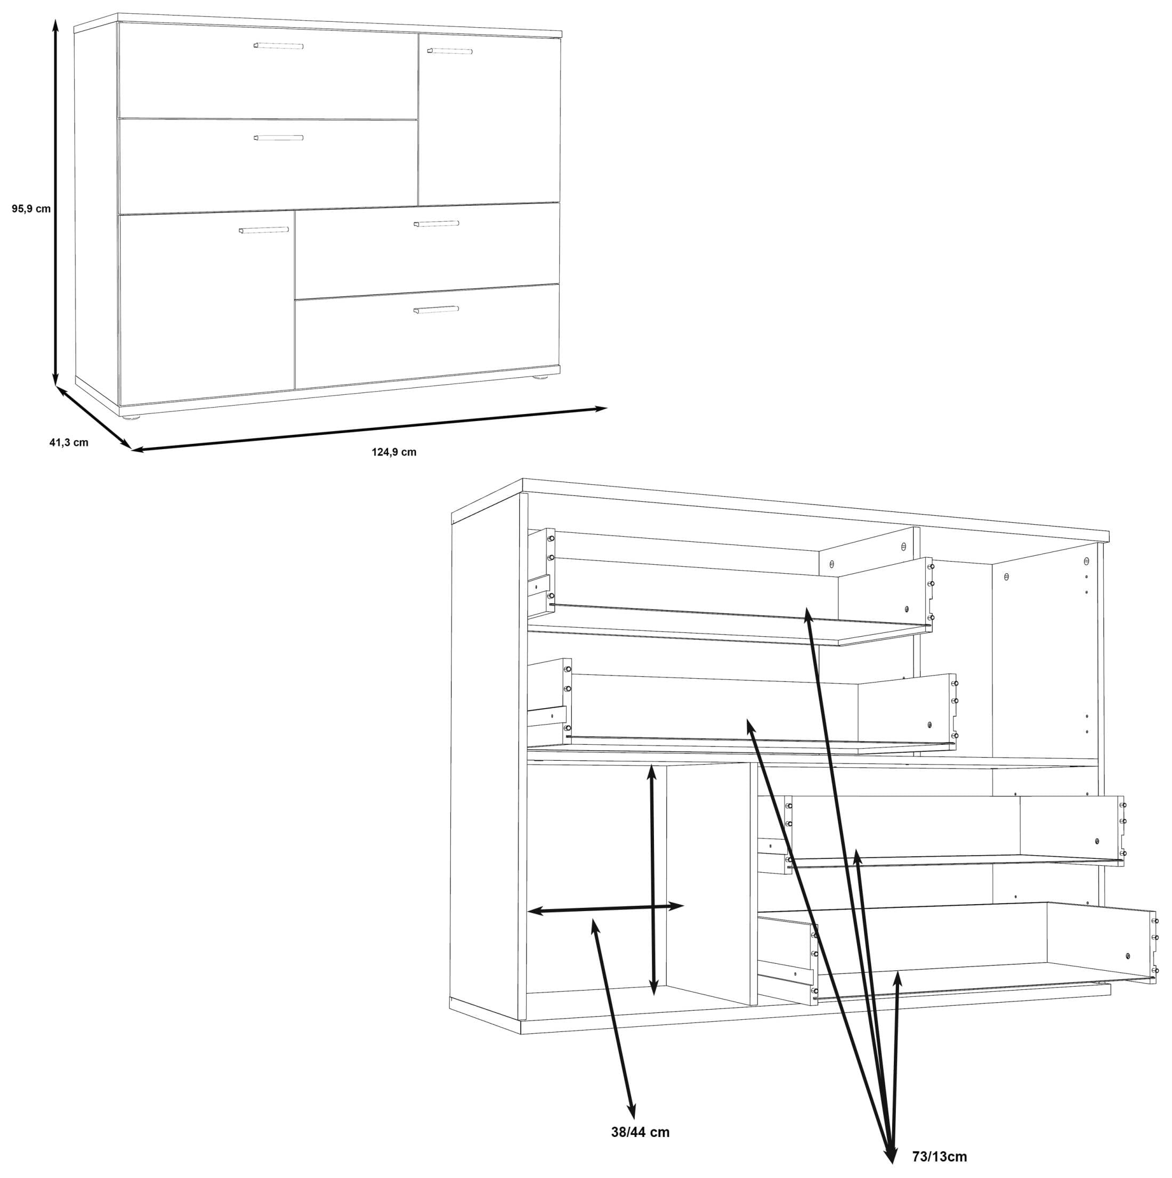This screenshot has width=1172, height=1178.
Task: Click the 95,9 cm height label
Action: click(x=31, y=208)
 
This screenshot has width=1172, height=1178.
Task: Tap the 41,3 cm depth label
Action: click(x=69, y=443)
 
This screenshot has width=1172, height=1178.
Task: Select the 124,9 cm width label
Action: click(x=394, y=452)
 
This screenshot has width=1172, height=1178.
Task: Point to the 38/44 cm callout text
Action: click(x=640, y=1132)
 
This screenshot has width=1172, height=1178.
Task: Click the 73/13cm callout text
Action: click(x=940, y=1157)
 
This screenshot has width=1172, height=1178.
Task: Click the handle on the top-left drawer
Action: click(x=279, y=46)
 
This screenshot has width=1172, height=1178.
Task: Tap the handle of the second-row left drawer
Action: click(x=279, y=138)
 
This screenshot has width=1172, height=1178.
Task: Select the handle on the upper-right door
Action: click(x=450, y=51)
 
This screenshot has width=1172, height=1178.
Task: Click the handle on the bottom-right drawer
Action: click(x=436, y=310)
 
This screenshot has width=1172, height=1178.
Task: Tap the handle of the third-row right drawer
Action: click(x=436, y=224)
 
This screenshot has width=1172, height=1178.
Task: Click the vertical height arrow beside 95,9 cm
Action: click(x=55, y=203)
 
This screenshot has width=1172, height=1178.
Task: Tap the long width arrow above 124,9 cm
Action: click(x=369, y=430)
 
